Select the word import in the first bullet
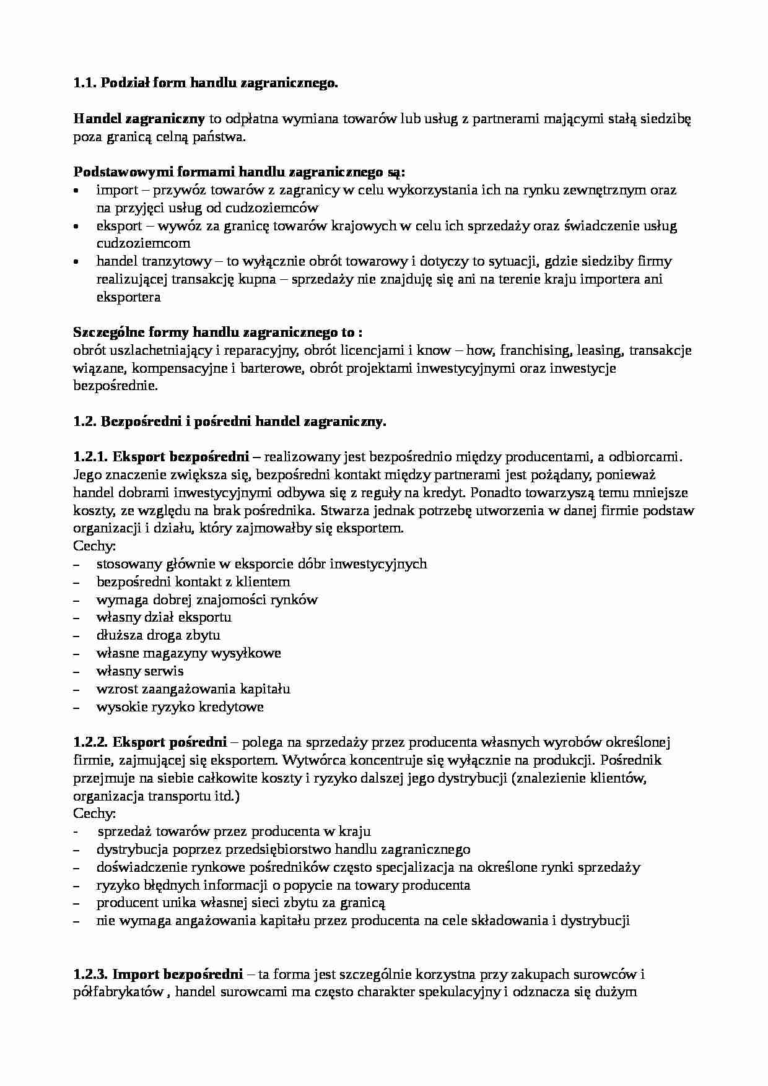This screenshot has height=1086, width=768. pos(116,190)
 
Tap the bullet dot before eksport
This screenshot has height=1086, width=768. pos(76,227)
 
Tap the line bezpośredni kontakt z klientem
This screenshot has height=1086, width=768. pos(193,581)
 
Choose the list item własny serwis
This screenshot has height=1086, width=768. pos(140,671)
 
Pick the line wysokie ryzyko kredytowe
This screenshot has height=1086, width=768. pos(180,706)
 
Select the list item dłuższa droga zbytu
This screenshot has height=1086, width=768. pos(158,635)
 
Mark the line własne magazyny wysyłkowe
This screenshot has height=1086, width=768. pos(188,653)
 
